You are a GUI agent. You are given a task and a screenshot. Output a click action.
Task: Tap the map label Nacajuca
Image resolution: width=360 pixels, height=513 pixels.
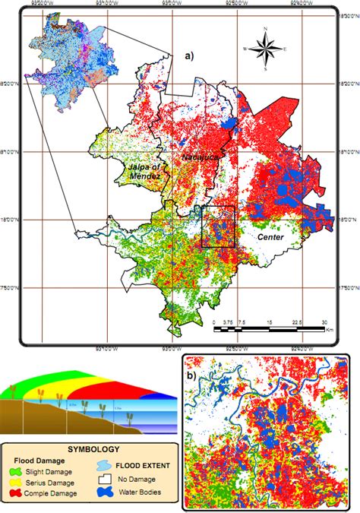point(197,156)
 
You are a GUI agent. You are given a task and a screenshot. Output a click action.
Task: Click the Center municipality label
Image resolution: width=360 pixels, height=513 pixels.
point(270,238)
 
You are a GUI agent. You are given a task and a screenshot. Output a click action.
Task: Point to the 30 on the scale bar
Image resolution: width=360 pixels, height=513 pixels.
point(326,322)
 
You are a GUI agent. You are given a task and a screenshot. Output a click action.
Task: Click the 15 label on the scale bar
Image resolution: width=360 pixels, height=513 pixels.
point(271,322)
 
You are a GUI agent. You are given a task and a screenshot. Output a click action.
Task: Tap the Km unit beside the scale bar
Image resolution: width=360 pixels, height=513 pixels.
point(329,331)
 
